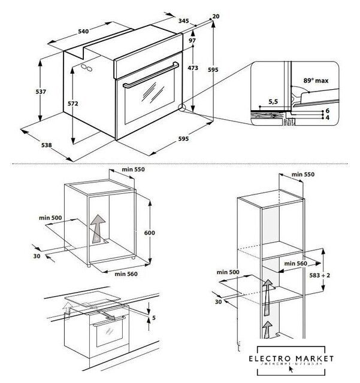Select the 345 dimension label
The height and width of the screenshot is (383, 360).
(183, 22)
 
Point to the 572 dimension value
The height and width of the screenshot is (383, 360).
(72, 104)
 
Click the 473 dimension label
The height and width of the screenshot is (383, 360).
(193, 69)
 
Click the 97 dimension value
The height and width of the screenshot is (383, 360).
(192, 40)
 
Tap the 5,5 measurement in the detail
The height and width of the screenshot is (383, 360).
(273, 102)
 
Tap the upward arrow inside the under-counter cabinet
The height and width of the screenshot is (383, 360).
(96, 227)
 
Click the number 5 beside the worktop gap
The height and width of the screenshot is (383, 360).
(153, 317)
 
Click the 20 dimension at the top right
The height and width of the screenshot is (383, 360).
(216, 16)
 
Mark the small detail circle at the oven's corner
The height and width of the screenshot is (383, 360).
(182, 109)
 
